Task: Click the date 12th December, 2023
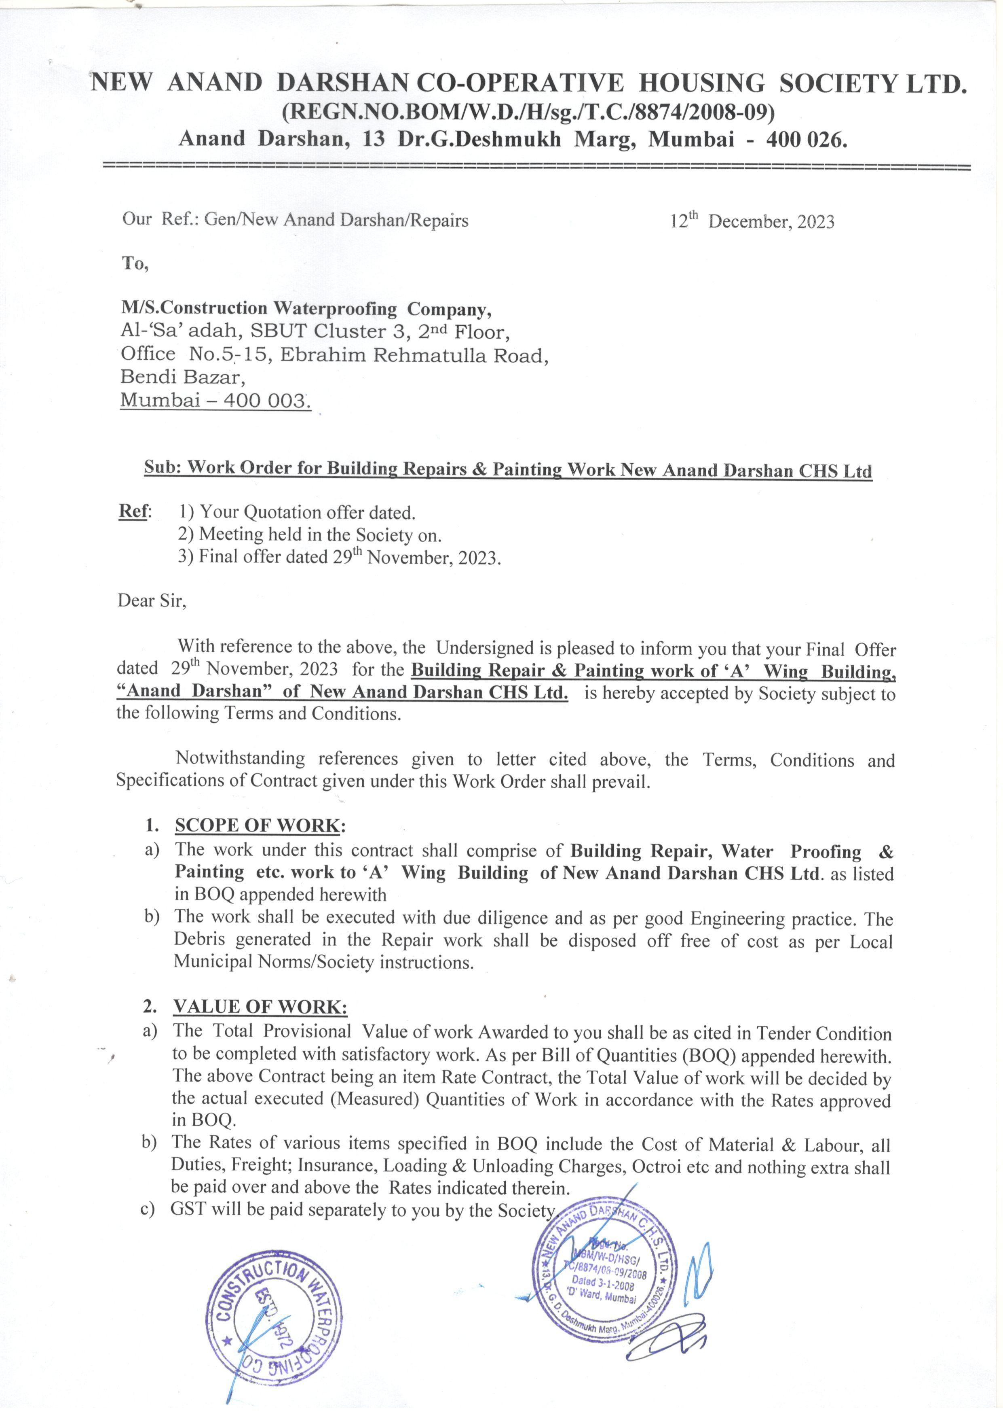(752, 221)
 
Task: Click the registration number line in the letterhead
(528, 112)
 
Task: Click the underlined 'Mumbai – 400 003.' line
(215, 401)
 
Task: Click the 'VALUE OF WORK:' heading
(260, 1007)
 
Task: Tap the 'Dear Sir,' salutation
(152, 600)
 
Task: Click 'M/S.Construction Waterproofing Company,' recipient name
(306, 308)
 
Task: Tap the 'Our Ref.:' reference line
(295, 220)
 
